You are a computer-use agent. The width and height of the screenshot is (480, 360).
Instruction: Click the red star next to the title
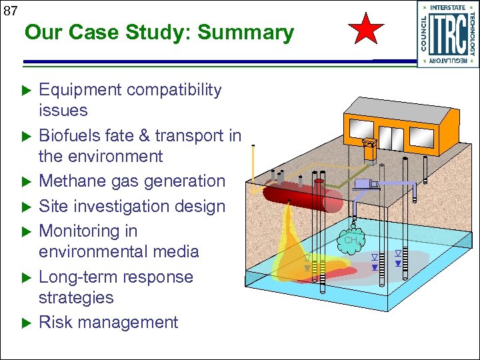[x=367, y=30]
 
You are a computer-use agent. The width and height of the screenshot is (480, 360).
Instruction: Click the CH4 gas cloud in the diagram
[x=351, y=239]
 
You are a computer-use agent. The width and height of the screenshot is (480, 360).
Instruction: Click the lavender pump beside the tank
[x=365, y=183]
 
